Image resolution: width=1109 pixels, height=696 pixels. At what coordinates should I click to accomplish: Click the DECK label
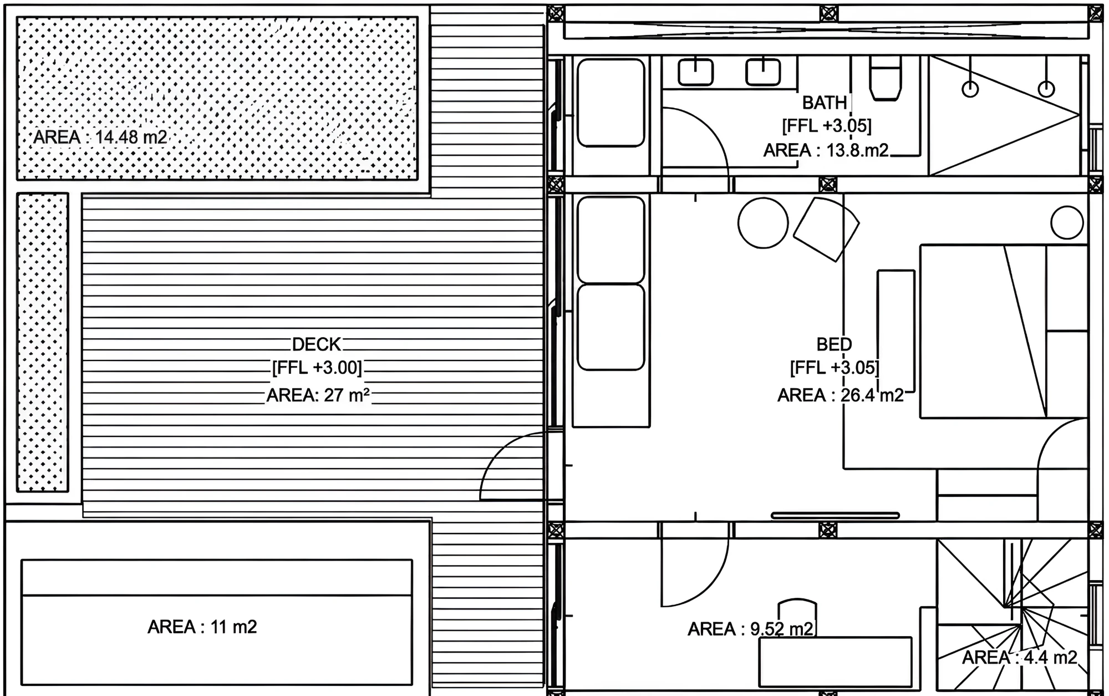coord(317,344)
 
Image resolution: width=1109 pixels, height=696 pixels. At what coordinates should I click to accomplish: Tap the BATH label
coord(825,103)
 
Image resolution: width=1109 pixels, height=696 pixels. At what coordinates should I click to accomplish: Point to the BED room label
coord(834,344)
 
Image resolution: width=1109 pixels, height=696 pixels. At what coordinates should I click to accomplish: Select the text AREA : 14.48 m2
coord(100,137)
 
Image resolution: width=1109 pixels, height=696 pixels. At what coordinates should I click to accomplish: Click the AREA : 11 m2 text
coord(202,627)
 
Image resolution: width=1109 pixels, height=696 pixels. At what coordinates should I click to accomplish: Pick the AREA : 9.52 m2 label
coord(751,629)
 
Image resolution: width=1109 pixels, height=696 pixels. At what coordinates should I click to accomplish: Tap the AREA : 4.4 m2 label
coord(1020,658)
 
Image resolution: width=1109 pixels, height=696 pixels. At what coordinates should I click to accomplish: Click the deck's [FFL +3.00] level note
coord(317,368)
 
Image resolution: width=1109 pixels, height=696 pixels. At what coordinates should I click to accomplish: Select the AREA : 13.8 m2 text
coord(826,150)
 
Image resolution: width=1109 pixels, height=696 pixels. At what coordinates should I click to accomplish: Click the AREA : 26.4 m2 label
coord(841,395)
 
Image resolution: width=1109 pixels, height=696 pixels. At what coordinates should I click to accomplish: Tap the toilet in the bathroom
coord(885,78)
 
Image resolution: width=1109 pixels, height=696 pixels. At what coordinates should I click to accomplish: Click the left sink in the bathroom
coord(695,72)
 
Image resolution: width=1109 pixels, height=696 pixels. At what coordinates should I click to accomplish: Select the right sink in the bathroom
coord(763,72)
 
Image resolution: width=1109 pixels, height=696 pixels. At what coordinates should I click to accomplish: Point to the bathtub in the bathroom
coord(611,103)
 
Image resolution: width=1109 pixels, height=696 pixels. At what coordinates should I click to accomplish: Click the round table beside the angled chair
coord(763,222)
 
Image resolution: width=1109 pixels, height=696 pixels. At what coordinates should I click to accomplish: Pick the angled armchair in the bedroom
coord(826,228)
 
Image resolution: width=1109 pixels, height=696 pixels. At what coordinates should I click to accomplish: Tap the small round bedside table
coord(1067,222)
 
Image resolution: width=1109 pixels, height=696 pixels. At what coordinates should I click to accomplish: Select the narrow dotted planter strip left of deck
coord(43,342)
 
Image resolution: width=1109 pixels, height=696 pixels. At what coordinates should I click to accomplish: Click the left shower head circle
coord(970,89)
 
